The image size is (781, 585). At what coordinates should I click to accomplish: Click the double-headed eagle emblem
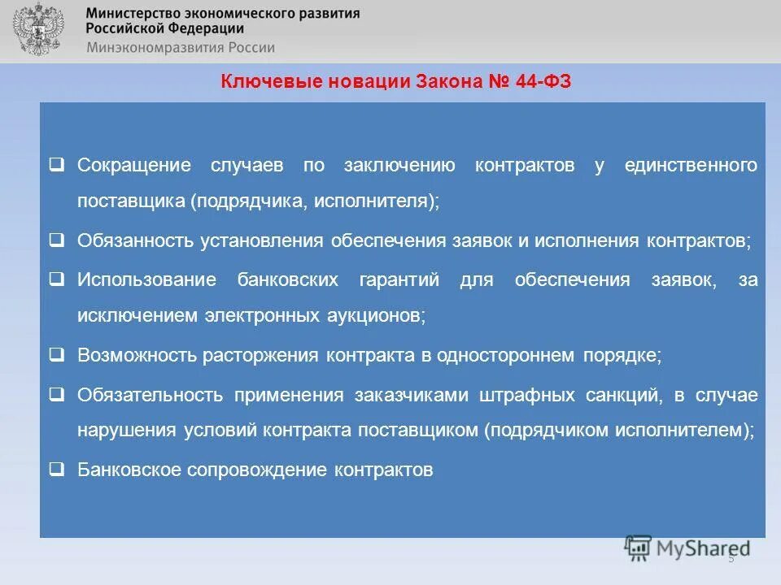(x=35, y=29)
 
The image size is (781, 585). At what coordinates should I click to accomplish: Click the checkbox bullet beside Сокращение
(x=57, y=164)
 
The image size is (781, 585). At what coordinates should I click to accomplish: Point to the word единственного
(x=691, y=166)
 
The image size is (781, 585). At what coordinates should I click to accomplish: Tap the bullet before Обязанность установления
(x=57, y=240)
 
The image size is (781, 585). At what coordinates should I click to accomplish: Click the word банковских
(x=288, y=280)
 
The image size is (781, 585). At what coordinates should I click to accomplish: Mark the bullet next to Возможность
(x=57, y=354)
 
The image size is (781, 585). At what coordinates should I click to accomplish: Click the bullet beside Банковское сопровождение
(x=57, y=469)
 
